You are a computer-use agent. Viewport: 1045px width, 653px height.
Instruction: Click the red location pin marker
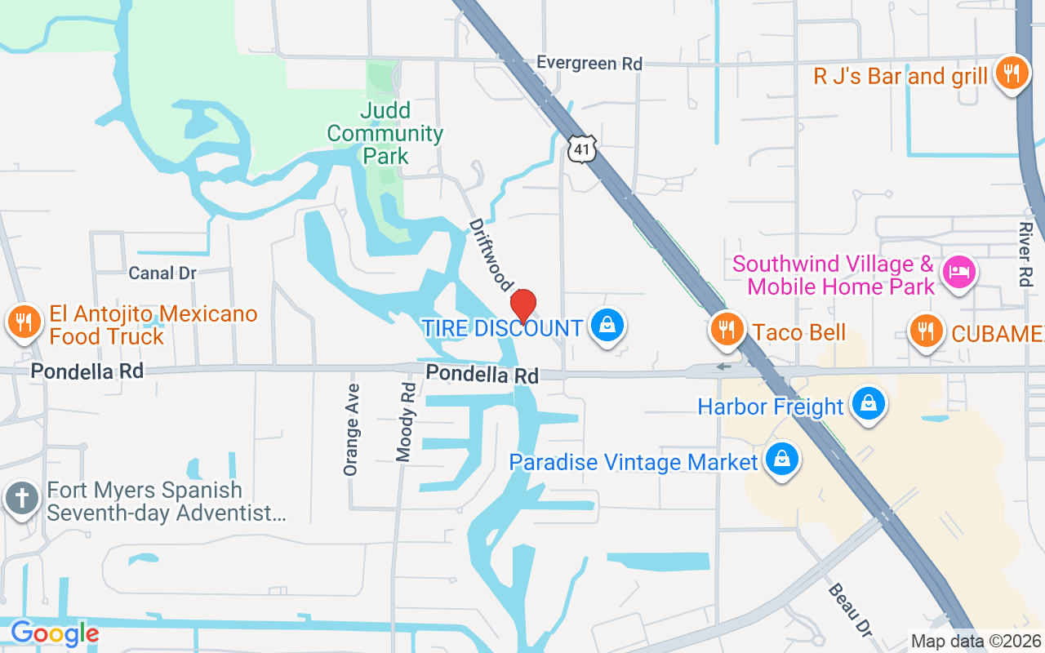(x=522, y=307)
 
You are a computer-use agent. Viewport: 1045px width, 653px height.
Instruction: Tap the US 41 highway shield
(x=582, y=148)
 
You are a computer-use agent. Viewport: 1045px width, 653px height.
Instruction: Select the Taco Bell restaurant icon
(x=726, y=330)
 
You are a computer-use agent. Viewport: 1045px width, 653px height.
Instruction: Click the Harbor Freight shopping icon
(x=869, y=404)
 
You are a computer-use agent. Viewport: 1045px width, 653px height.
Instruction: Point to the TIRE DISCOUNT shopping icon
(x=607, y=326)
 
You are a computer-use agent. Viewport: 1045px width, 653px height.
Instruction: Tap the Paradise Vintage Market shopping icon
(x=782, y=459)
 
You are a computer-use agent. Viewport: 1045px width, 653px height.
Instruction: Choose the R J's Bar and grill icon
(x=1012, y=74)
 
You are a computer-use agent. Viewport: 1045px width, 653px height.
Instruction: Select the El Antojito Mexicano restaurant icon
(x=24, y=322)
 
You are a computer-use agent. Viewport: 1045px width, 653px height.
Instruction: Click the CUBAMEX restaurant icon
(x=925, y=331)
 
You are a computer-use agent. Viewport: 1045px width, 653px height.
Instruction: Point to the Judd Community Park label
(x=385, y=133)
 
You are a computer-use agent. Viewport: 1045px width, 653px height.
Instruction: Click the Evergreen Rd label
(x=589, y=63)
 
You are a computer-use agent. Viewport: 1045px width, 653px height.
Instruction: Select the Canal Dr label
(x=163, y=273)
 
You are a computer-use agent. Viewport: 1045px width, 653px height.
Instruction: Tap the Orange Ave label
(x=352, y=429)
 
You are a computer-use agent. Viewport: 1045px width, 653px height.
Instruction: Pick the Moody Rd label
(x=406, y=423)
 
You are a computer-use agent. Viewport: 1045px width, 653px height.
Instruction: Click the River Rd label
(x=1025, y=254)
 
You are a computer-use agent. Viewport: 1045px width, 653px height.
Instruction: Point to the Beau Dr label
(x=850, y=609)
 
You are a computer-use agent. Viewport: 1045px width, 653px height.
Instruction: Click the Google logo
(x=54, y=633)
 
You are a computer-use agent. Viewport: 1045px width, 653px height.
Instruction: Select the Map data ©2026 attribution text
(x=976, y=642)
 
